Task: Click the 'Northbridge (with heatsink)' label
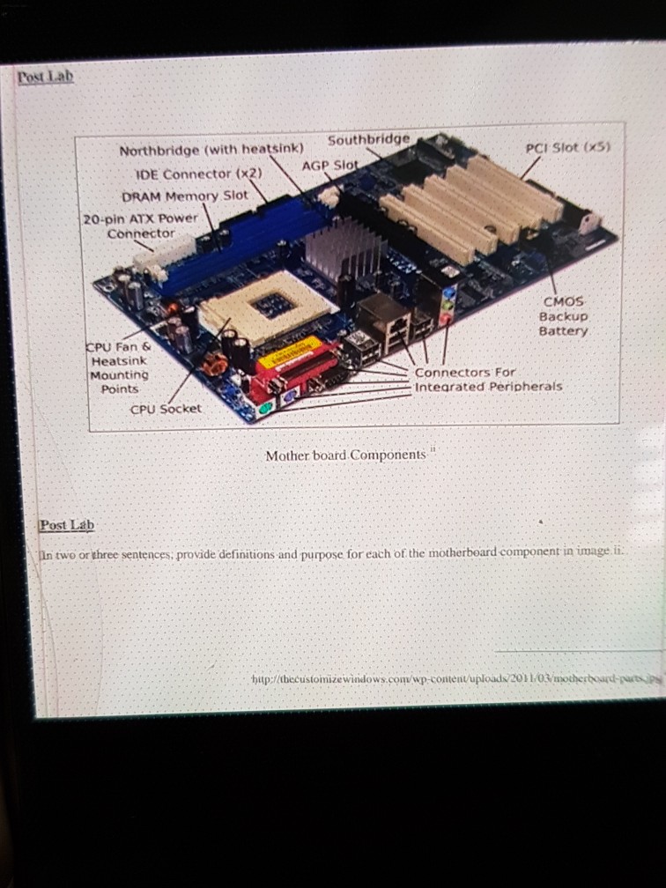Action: point(211,149)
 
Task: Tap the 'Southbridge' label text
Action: point(368,140)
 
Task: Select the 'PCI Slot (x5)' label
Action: point(567,148)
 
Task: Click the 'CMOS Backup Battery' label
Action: point(563,316)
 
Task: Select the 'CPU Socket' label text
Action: point(166,409)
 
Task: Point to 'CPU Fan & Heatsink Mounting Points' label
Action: point(120,367)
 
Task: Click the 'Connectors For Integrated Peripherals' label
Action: point(488,380)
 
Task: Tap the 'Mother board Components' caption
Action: point(345,455)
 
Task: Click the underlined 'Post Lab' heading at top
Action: point(45,77)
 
